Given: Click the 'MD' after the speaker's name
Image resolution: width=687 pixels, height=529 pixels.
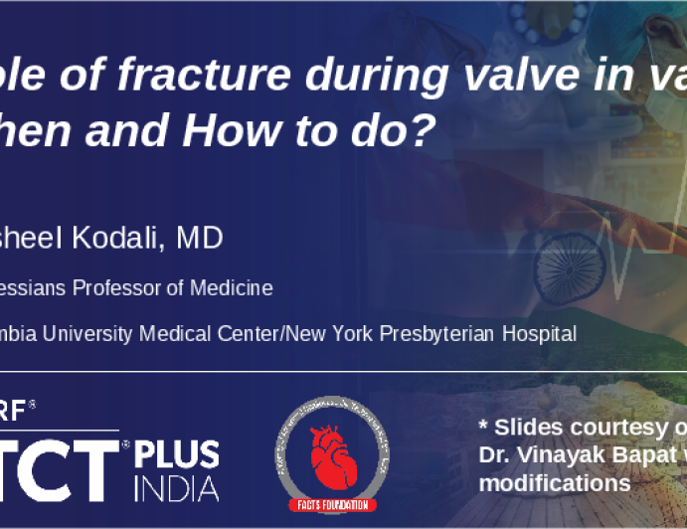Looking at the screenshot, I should click(x=199, y=238).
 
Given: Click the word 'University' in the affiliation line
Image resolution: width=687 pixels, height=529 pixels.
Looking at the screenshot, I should click(x=88, y=334).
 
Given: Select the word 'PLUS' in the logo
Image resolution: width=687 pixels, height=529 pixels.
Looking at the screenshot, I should click(x=178, y=453).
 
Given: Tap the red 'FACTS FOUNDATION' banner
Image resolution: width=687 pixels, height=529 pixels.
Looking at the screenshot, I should click(x=333, y=504).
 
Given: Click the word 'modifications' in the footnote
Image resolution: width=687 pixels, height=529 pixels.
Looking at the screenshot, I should click(x=554, y=483).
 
